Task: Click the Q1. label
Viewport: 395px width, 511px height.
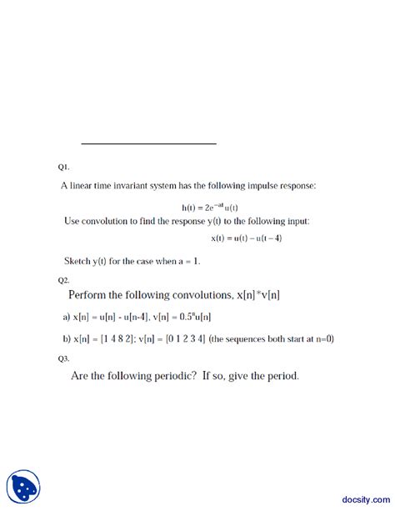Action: (x=64, y=168)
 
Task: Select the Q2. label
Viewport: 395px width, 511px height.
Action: (x=64, y=280)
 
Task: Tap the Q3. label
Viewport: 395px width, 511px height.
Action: (x=64, y=358)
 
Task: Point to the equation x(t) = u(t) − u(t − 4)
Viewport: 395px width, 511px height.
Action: (x=247, y=238)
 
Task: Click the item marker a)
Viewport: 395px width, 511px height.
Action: (x=67, y=317)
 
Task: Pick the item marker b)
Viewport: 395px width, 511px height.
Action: (x=67, y=338)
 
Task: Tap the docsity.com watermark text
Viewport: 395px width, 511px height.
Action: (x=359, y=493)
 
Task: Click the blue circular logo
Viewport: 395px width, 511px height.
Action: (x=23, y=487)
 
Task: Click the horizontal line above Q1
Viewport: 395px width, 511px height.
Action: (x=148, y=144)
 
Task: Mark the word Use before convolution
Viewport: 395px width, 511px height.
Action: (x=73, y=221)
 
